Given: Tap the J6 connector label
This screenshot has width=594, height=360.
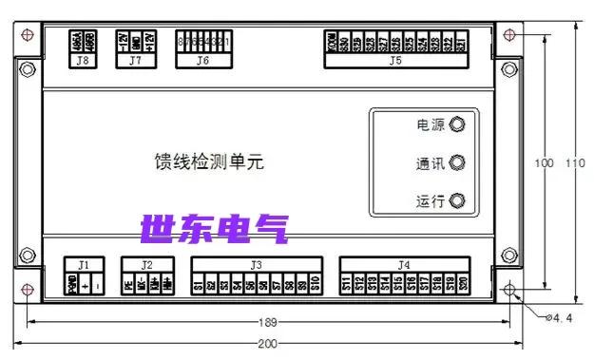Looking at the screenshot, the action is click(x=202, y=60).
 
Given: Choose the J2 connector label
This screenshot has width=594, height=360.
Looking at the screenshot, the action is click(x=147, y=264).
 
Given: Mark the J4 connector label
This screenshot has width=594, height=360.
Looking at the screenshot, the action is click(x=405, y=264).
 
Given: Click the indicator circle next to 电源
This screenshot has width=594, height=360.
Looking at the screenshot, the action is click(x=457, y=124).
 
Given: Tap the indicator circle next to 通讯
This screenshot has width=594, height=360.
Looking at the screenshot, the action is click(x=457, y=163).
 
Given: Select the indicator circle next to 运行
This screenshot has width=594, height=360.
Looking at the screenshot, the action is click(x=457, y=201).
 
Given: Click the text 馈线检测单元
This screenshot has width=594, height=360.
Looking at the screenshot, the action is click(x=209, y=161).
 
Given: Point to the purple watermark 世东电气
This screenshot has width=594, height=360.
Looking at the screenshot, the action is click(x=214, y=228).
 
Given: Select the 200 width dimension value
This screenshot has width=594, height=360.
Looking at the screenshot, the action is click(x=269, y=343).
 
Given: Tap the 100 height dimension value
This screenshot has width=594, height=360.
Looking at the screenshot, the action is click(x=544, y=163).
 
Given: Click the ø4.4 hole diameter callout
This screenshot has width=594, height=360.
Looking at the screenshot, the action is click(x=558, y=318).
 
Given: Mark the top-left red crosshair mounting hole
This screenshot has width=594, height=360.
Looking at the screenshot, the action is click(x=28, y=35).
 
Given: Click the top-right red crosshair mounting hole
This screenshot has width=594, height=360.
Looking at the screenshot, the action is click(x=510, y=35).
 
